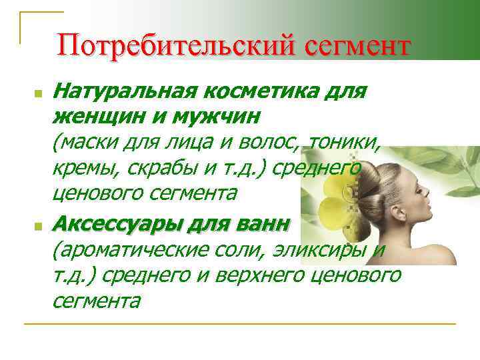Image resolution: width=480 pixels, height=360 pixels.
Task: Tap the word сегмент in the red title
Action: click(x=358, y=48)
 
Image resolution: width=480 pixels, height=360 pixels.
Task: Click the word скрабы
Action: click(x=150, y=167)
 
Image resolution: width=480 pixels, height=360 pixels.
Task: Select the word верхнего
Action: click(x=253, y=275)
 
